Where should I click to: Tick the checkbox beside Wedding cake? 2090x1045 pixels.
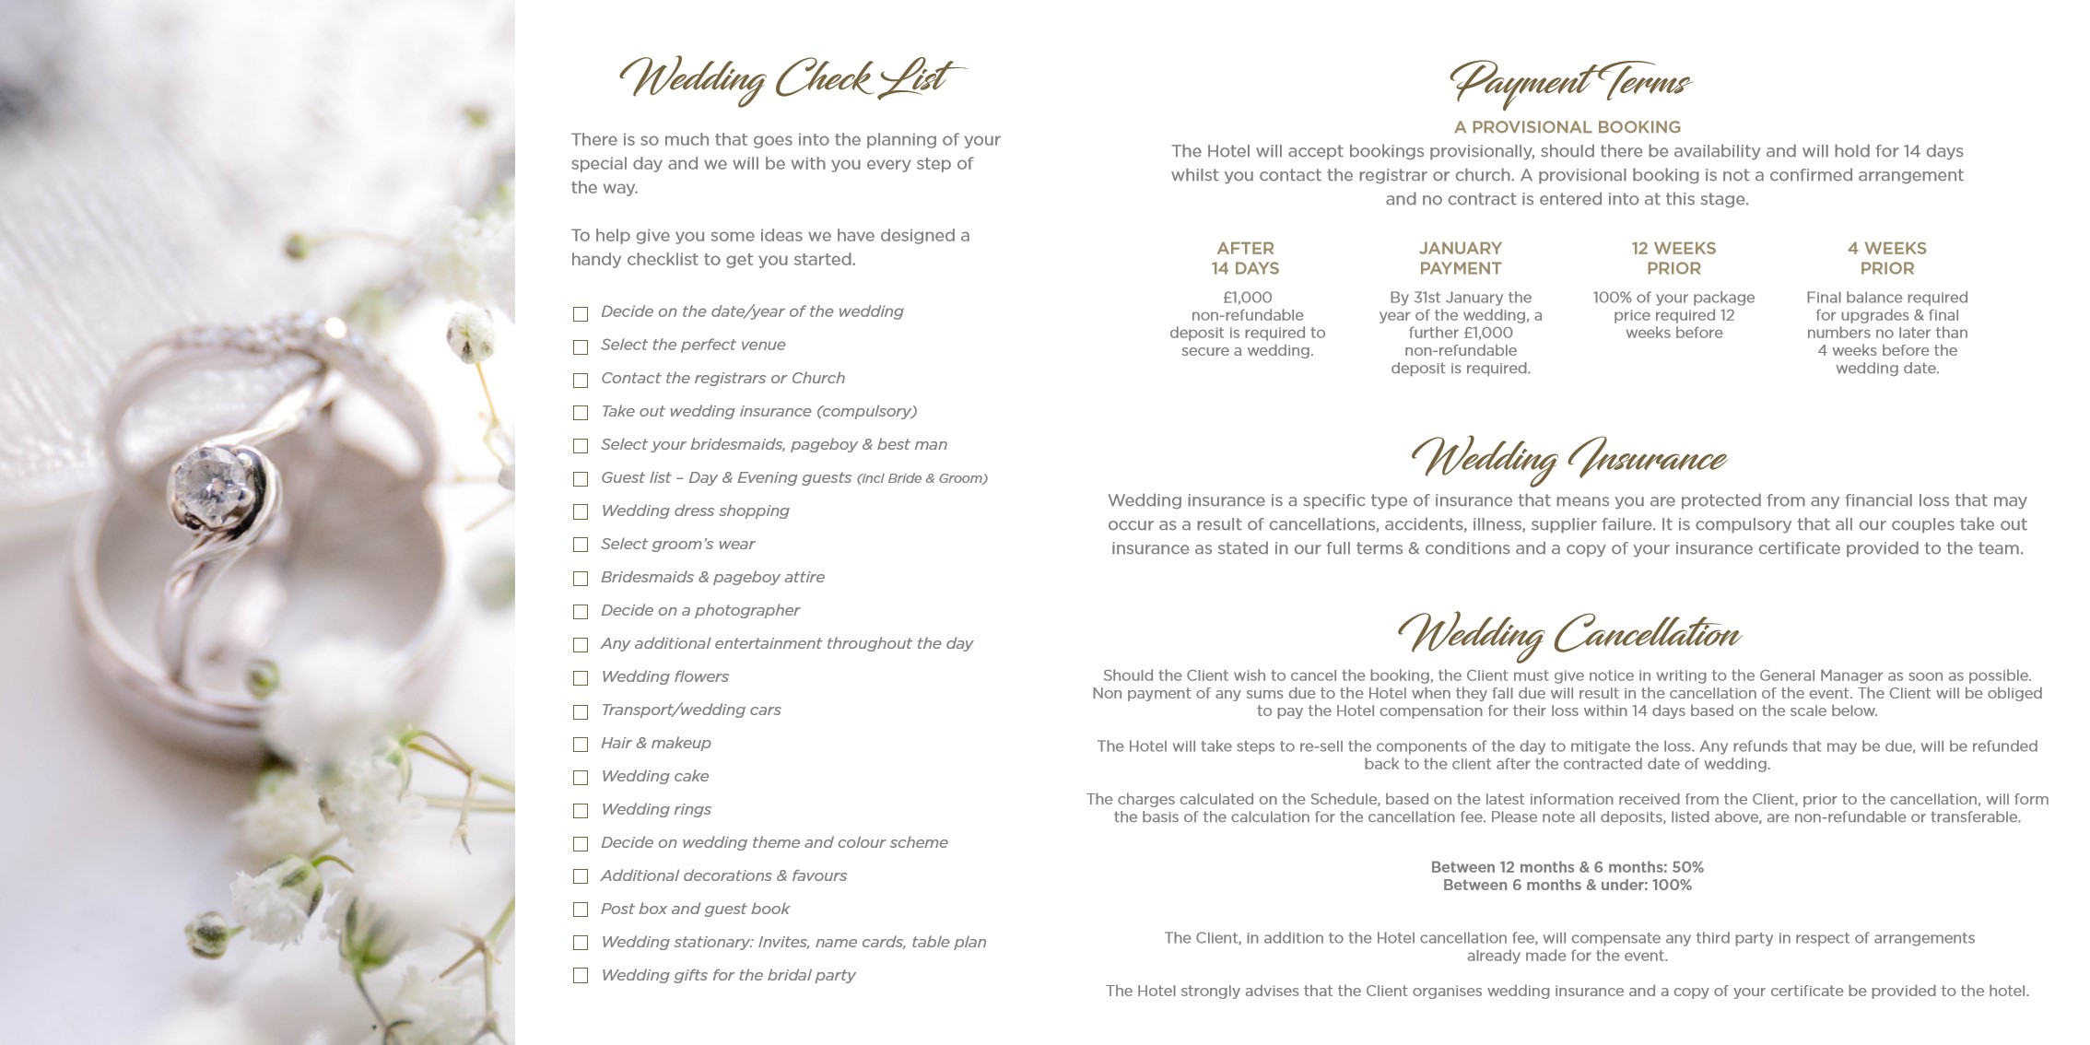pos(581,778)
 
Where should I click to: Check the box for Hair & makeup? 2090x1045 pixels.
pos(581,745)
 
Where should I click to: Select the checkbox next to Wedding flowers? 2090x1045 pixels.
pos(581,678)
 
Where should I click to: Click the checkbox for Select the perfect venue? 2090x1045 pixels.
pos(581,347)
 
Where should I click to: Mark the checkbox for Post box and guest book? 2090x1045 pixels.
pos(581,910)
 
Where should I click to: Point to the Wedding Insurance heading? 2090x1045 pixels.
pos(1567,458)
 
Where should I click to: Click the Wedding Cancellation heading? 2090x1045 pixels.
pos(1567,634)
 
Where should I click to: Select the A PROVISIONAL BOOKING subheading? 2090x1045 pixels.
pos(1567,127)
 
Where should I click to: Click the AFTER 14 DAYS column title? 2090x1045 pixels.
pos(1245,258)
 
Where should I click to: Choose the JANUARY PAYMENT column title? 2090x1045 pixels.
pos(1460,258)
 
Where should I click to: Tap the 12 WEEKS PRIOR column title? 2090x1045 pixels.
pos(1673,258)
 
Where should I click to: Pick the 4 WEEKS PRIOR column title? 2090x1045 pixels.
pos(1886,258)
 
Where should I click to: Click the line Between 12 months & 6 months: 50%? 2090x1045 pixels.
pos(1567,867)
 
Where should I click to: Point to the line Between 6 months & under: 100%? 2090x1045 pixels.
pos(1567,886)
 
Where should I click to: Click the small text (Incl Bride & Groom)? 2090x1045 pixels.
pos(922,478)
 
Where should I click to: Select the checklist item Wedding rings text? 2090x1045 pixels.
pos(656,809)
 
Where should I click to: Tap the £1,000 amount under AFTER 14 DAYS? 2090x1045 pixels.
pos(1247,298)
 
